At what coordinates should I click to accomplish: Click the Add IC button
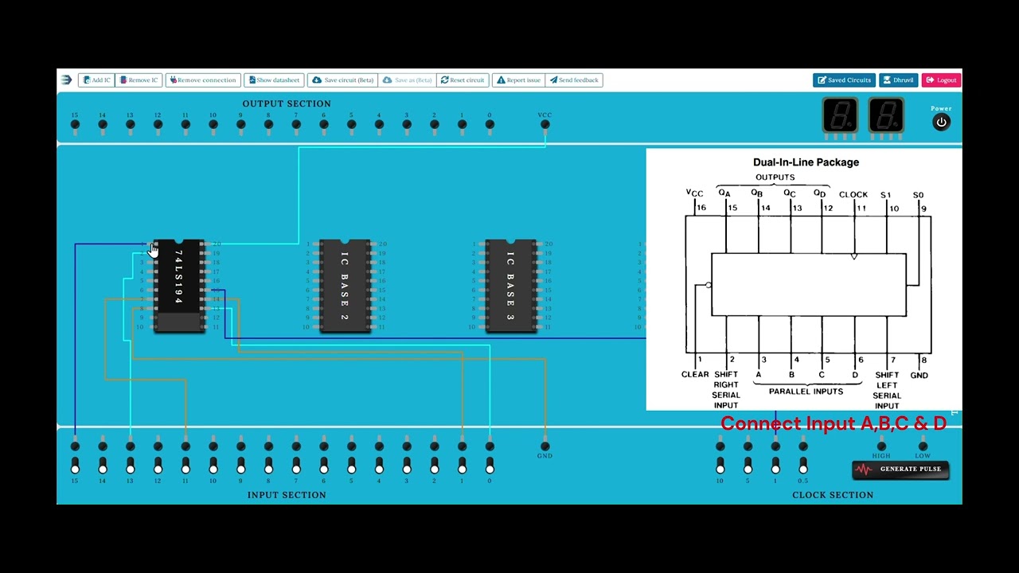96,80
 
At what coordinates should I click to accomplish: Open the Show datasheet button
273,80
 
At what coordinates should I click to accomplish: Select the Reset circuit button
463,80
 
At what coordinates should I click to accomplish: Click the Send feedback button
574,80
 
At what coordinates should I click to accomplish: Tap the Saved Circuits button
844,80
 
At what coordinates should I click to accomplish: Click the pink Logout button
941,80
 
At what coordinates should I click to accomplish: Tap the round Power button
941,123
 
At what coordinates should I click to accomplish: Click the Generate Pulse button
900,469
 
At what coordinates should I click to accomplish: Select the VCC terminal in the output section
545,124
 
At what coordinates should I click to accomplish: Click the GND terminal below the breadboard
545,446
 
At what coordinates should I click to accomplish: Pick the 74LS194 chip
179,285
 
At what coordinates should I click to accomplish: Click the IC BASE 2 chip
345,285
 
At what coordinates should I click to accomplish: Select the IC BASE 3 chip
510,285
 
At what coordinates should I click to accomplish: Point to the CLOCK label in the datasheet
853,194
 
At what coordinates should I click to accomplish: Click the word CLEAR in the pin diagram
695,374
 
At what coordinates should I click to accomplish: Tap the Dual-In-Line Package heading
806,162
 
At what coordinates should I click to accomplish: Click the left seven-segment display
840,116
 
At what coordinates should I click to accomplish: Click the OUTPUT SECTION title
287,103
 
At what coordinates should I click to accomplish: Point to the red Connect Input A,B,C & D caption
834,423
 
